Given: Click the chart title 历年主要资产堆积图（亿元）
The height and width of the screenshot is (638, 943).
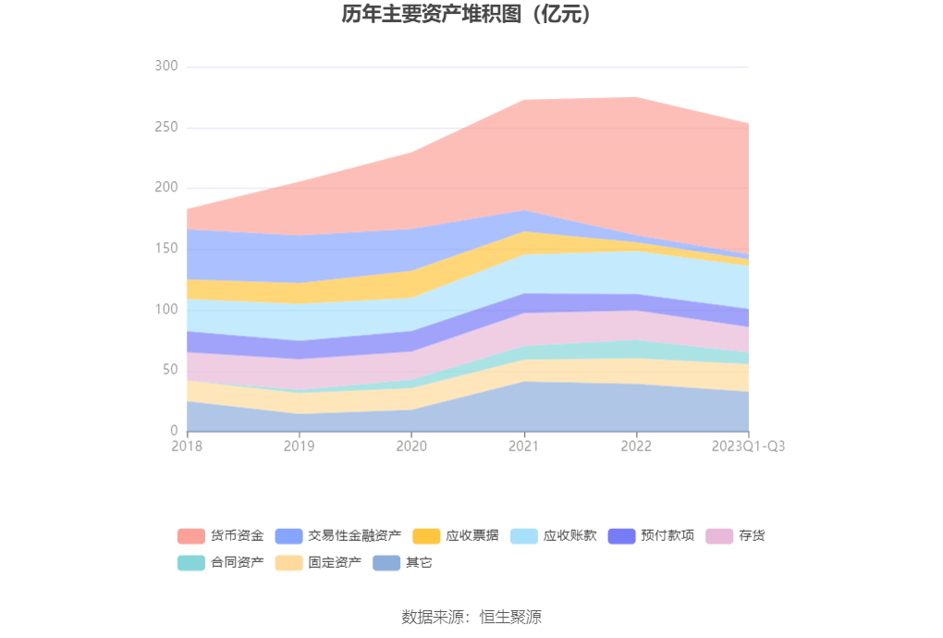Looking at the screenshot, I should [x=471, y=15].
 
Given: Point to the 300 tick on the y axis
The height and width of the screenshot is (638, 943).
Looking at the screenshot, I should [x=166, y=67].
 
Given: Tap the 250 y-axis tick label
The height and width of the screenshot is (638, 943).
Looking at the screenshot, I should [x=166, y=128].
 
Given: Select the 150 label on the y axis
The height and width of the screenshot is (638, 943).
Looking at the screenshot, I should [x=166, y=249].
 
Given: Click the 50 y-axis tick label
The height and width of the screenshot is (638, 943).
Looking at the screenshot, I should [x=169, y=370].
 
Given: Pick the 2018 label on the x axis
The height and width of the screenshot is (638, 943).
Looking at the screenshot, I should [x=187, y=447].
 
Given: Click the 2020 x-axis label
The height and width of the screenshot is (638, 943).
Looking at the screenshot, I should [x=411, y=447].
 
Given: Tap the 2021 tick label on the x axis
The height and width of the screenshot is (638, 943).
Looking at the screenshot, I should [x=524, y=447].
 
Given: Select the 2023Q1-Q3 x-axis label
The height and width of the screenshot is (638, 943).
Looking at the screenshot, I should [x=748, y=447].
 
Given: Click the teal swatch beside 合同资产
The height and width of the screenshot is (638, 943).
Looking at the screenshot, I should [x=190, y=562].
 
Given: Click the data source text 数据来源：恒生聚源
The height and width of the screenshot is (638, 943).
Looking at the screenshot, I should [x=471, y=617].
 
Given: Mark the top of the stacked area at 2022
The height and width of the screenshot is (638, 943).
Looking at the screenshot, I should [x=636, y=97].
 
